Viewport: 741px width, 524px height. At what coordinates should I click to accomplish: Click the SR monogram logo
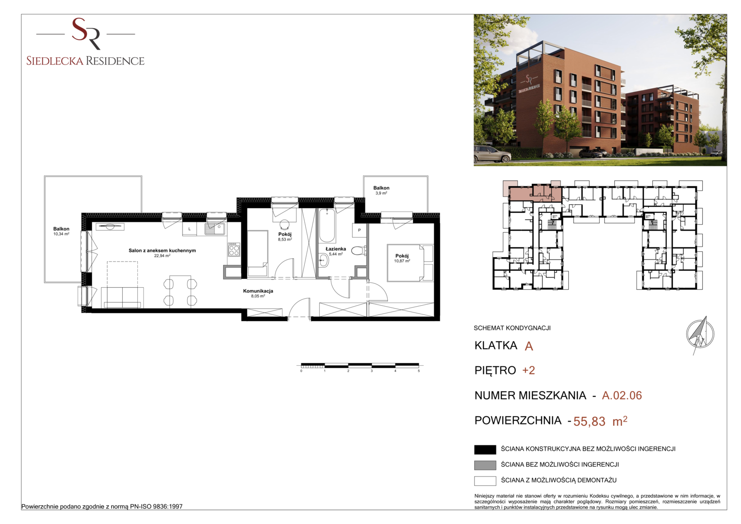tap(86, 34)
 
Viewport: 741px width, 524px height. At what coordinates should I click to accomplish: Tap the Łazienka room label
tap(335, 249)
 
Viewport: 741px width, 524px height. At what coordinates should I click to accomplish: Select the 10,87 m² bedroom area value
tap(402, 261)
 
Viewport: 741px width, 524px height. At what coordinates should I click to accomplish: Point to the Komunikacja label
tap(258, 291)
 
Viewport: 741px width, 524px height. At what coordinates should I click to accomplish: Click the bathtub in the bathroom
tap(327, 226)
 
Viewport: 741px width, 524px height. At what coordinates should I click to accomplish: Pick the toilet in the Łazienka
tap(359, 251)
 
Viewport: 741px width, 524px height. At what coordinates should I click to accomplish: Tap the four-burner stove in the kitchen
tap(234, 249)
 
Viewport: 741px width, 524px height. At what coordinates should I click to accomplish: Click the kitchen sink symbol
tap(215, 229)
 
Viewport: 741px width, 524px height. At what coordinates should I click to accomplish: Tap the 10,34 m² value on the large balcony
tap(61, 234)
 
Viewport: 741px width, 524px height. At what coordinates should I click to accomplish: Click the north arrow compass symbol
tap(700, 335)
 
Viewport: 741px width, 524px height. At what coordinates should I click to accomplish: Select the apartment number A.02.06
tap(622, 395)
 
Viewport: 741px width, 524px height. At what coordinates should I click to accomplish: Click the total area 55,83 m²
tap(600, 421)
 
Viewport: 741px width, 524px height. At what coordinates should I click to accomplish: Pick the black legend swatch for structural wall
tap(485, 450)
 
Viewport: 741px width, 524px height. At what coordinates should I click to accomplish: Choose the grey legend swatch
tap(485, 465)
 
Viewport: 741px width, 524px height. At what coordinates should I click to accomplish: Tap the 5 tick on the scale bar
tap(419, 371)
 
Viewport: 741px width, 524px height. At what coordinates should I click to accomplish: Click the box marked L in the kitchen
tap(190, 229)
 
